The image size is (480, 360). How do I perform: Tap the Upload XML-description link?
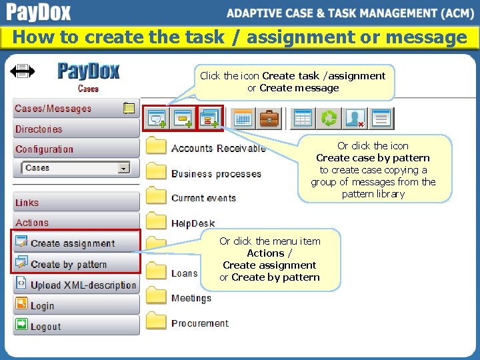click(x=83, y=285)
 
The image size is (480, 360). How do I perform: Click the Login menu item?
click(x=42, y=306)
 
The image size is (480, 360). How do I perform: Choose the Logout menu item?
click(x=45, y=327)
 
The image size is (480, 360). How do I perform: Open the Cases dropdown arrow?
click(x=123, y=169)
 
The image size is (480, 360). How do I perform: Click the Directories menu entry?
click(x=39, y=129)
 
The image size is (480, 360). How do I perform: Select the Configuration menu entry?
click(x=44, y=149)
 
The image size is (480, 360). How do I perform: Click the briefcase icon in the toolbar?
click(x=269, y=119)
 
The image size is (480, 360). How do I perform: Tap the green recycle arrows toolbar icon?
click(x=329, y=119)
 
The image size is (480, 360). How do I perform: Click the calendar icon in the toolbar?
click(x=243, y=119)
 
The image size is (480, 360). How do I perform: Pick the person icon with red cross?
click(x=355, y=119)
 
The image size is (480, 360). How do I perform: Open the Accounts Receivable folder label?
click(x=218, y=148)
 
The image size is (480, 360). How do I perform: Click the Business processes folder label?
click(x=216, y=174)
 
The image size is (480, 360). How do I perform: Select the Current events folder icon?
click(x=156, y=197)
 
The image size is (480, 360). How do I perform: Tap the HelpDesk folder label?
click(x=193, y=223)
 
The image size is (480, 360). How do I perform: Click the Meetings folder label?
click(x=191, y=298)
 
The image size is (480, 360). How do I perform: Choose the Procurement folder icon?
click(x=156, y=322)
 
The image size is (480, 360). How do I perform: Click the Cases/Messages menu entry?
click(x=53, y=109)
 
